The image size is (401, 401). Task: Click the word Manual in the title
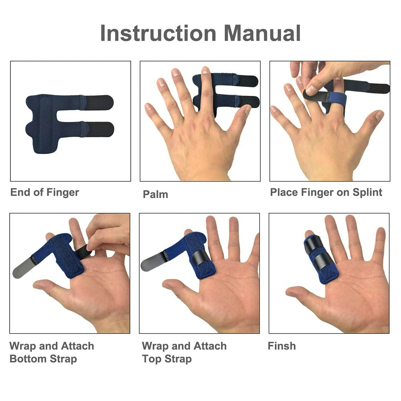tap(262, 33)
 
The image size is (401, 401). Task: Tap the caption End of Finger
tap(45, 192)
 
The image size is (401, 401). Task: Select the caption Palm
tap(155, 194)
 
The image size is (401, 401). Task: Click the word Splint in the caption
tap(367, 192)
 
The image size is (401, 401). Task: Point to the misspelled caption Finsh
tap(282, 346)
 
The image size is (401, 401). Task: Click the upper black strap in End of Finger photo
tap(99, 102)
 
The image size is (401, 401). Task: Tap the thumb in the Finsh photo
tap(297, 293)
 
